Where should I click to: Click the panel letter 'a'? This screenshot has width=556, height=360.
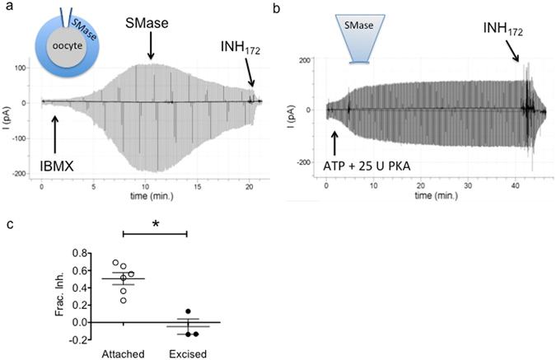tap(7, 7)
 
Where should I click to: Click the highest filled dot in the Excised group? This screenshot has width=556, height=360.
tap(188, 311)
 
